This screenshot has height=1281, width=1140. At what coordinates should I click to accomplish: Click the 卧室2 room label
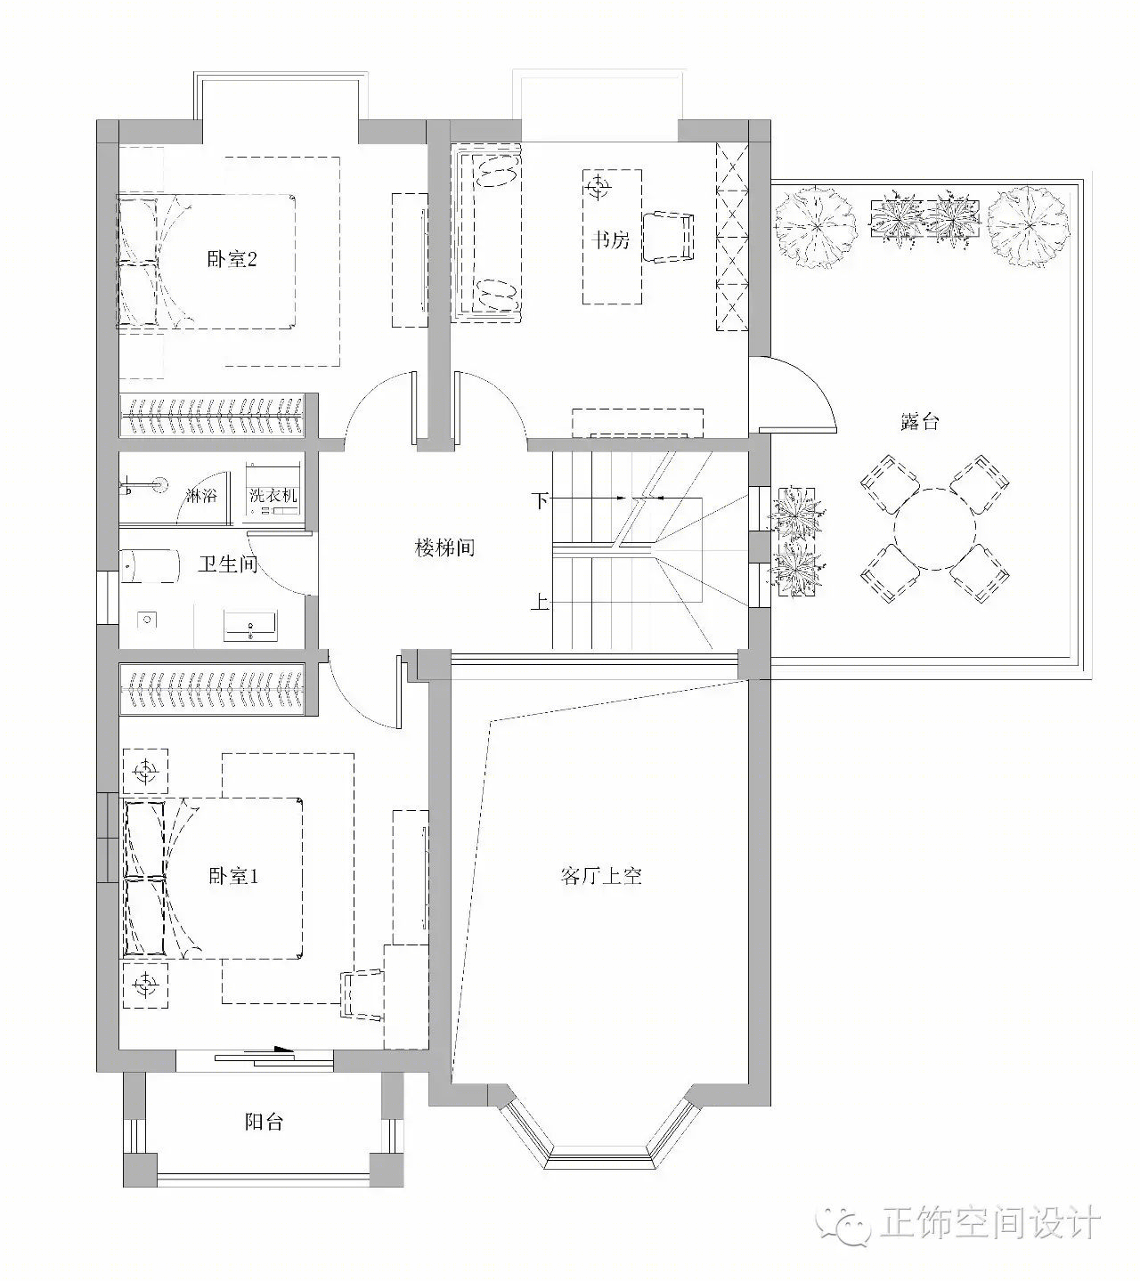point(232,259)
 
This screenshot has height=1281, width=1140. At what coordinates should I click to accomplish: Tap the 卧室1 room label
point(232,876)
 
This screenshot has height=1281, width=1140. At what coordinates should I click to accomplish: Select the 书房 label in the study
point(610,239)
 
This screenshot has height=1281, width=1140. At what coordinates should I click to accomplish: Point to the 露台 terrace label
point(919,421)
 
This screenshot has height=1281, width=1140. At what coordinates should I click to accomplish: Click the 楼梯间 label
point(444,547)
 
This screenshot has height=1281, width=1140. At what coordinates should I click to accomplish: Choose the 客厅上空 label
point(601,876)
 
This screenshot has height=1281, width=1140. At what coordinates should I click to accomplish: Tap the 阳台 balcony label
point(264,1121)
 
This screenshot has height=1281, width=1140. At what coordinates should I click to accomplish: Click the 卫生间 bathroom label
point(228,563)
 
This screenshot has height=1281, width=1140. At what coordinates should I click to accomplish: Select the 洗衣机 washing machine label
point(273,495)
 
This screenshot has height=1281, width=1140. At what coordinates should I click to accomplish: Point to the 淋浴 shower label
point(201,495)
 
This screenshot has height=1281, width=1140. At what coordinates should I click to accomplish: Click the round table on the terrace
point(934,528)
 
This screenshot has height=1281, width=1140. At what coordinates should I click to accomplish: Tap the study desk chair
point(668,237)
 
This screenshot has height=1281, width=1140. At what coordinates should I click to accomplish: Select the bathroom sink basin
point(250,626)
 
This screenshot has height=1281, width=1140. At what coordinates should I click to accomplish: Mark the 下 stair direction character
point(540,501)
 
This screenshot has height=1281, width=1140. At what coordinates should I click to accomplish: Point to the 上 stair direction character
point(540,601)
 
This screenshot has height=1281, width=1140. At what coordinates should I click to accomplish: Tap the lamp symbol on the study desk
point(598,187)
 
